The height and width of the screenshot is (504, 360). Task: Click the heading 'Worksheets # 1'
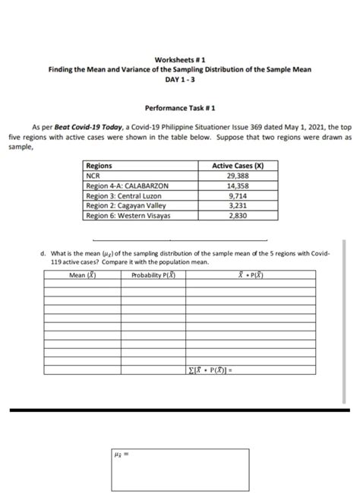[x=180, y=59]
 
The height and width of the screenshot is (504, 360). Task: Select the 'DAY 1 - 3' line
[x=180, y=79]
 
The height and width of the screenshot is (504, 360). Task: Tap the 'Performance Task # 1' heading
[x=180, y=109]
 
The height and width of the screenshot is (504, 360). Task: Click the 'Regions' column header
[x=99, y=166]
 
